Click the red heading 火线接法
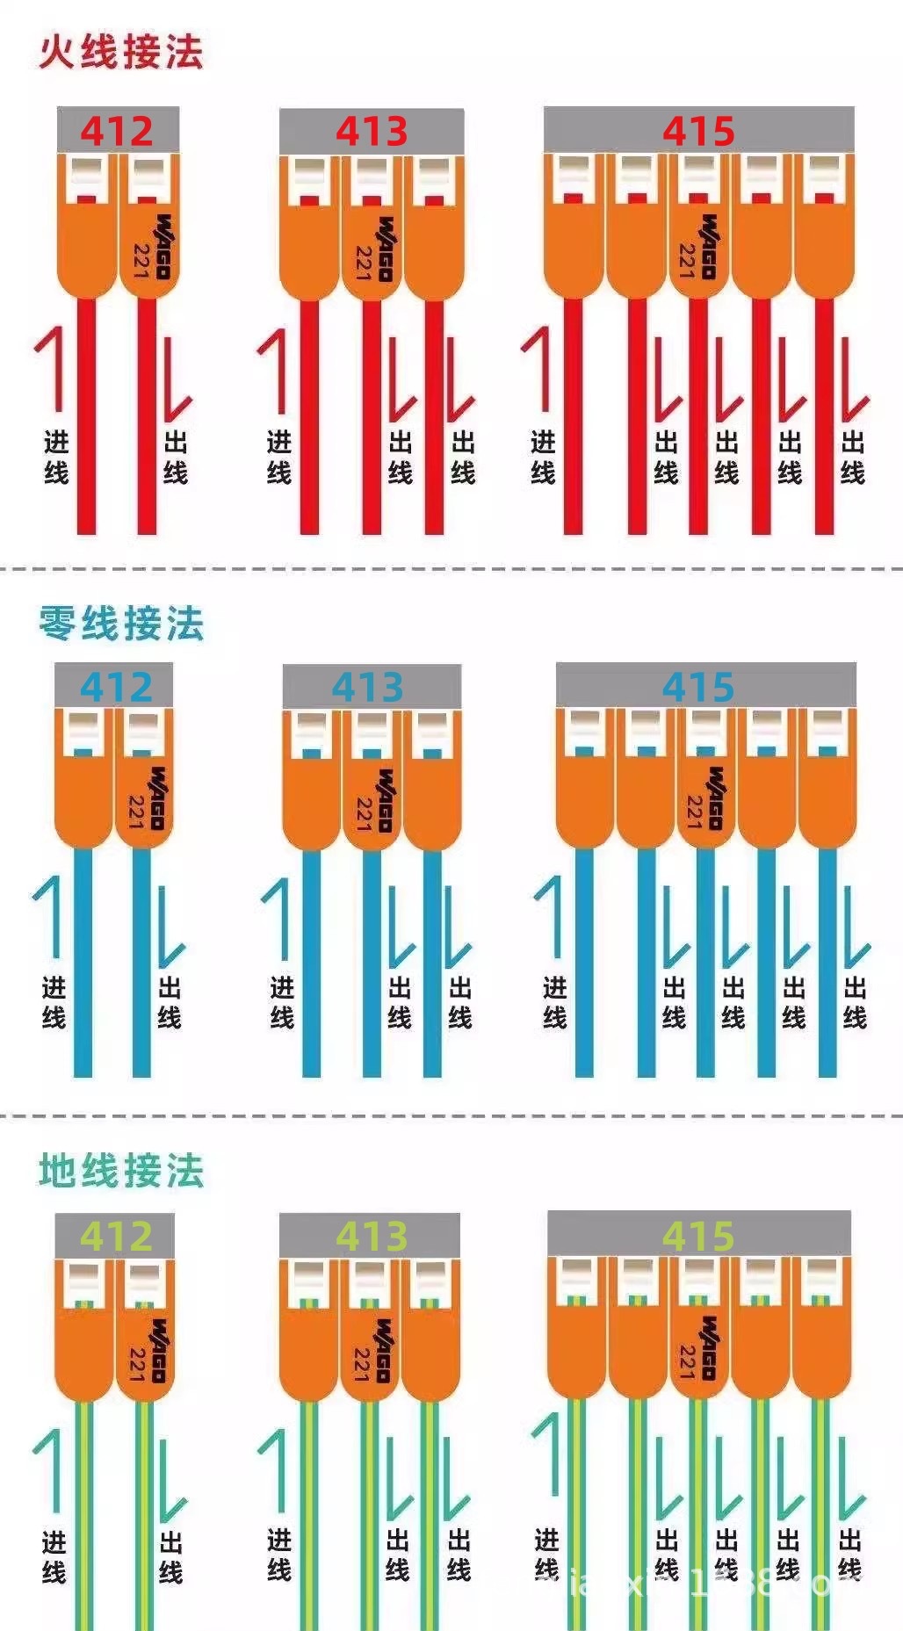(x=120, y=52)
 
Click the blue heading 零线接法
(x=120, y=624)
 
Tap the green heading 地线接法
(x=120, y=1171)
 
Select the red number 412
(x=117, y=131)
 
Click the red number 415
(x=698, y=131)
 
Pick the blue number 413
(x=367, y=687)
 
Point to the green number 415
(x=698, y=1236)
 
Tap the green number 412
(x=117, y=1237)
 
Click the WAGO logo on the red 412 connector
(x=163, y=247)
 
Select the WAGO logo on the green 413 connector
(x=382, y=1350)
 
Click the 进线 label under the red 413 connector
(x=279, y=457)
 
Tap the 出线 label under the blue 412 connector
(x=170, y=1003)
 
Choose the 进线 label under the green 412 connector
(x=54, y=1556)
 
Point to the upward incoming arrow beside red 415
(x=541, y=369)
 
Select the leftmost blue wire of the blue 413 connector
(x=311, y=966)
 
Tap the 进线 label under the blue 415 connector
(x=554, y=1002)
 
